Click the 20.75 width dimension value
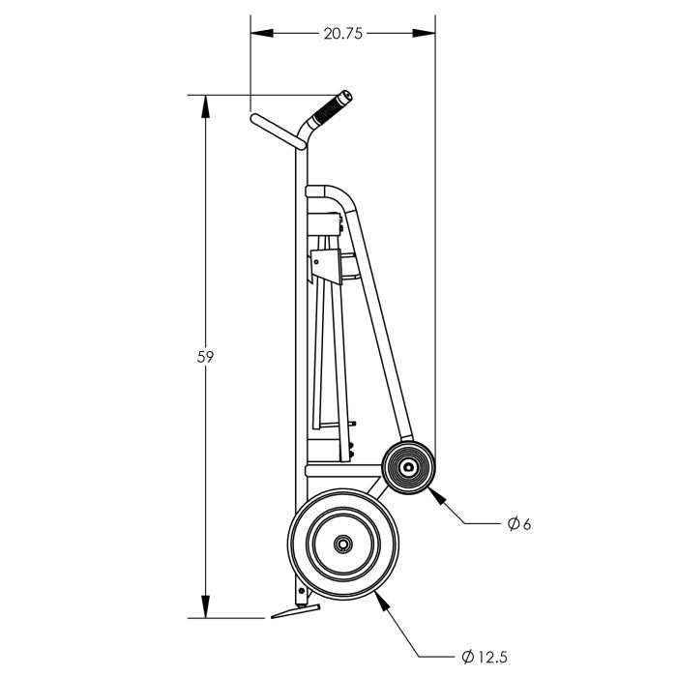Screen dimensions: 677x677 coord(342,33)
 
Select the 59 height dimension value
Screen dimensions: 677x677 coord(205,357)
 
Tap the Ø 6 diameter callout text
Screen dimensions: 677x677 coord(519,525)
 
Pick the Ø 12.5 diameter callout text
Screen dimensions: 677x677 coord(484,657)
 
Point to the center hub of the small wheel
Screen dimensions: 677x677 coord(408,468)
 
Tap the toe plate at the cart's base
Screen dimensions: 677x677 coord(291,611)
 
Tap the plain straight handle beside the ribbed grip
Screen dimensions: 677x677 coord(276,132)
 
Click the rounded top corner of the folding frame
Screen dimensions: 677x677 coord(338,192)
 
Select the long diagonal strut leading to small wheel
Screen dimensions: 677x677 coord(379,329)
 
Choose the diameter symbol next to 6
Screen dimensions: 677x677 coord(512,525)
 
